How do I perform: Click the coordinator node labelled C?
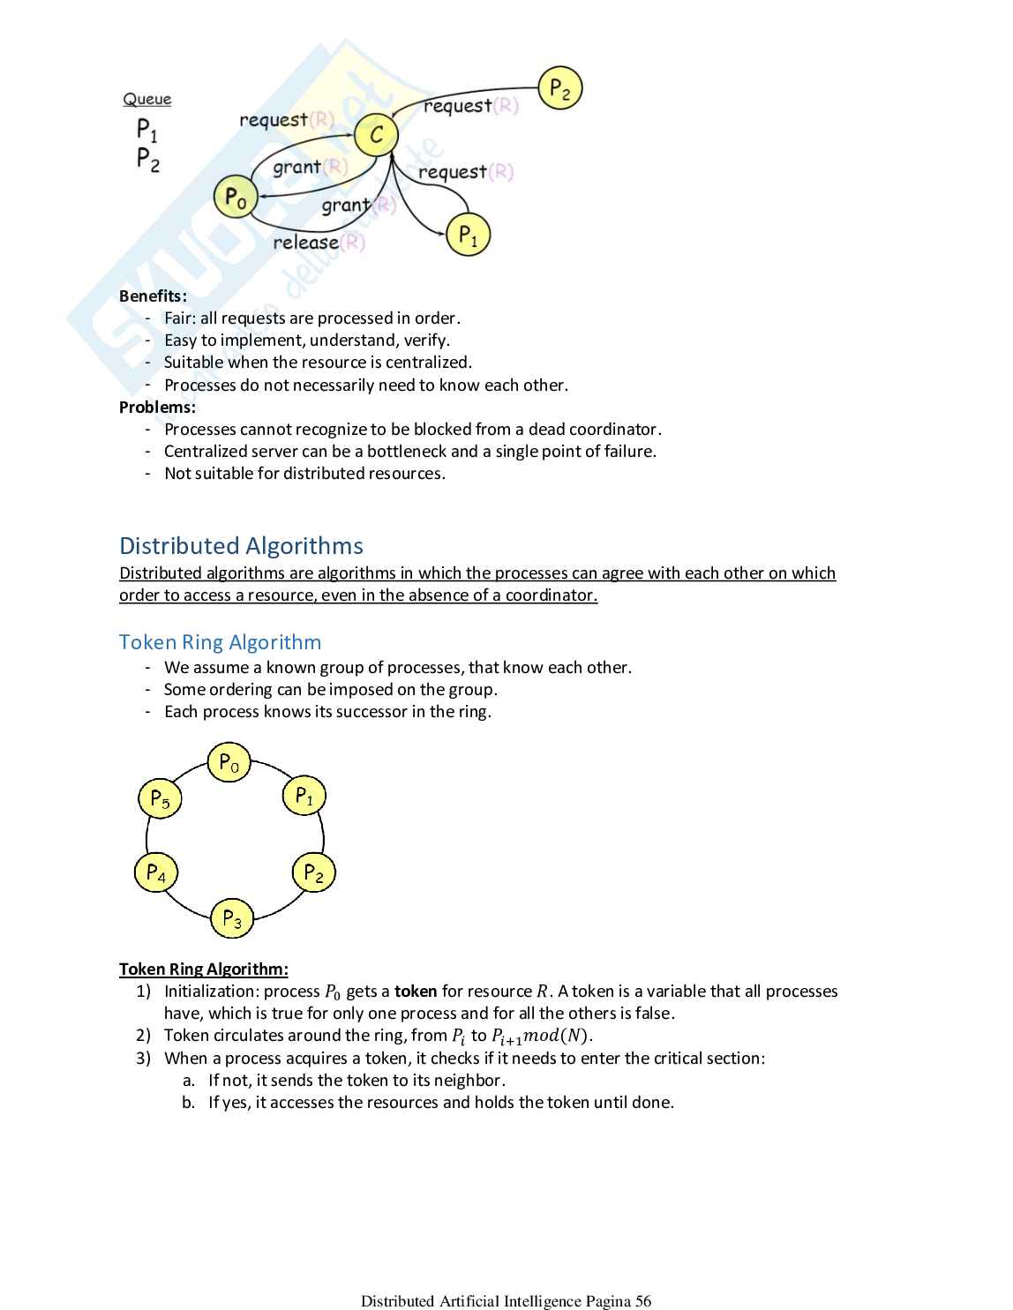pos(377,135)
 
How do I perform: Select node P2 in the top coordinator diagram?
pos(560,88)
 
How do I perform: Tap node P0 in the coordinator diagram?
pos(236,197)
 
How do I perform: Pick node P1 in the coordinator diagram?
pos(468,236)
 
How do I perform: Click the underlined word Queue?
pos(147,100)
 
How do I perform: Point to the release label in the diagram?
pos(306,242)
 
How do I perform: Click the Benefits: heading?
pos(153,296)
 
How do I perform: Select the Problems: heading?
pos(157,407)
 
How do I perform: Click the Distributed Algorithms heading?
pos(241,545)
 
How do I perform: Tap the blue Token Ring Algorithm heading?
pos(220,641)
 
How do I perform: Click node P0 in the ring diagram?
pos(229,763)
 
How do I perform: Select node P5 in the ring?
pos(160,798)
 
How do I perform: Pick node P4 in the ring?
pos(156,872)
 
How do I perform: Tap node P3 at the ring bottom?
pos(232,918)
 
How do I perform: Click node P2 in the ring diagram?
pos(313,872)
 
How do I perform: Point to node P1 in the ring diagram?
pos(304,796)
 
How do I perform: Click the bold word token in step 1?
pos(416,991)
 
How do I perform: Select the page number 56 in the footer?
pos(642,1300)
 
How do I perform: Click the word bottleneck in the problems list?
pos(406,451)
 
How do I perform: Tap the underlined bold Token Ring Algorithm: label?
pos(203,969)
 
